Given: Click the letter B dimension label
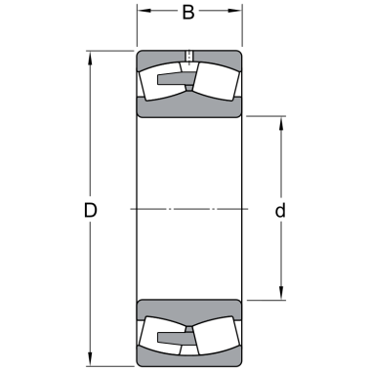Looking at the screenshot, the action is click(188, 12).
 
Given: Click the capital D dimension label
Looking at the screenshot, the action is click(90, 210).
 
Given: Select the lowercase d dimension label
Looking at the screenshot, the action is click(280, 210).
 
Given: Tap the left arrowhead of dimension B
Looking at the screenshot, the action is click(144, 11).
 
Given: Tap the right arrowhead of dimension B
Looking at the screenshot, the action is click(235, 11).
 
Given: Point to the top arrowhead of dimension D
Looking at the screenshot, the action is click(90, 58).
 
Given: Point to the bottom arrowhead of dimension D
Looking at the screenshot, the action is click(90, 359).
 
